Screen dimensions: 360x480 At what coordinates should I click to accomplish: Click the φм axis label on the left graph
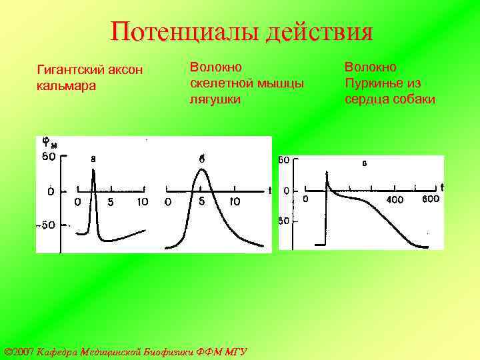click(49, 143)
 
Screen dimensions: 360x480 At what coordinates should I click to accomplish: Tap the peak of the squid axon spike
click(94, 171)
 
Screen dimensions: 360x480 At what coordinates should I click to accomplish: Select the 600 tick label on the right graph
click(431, 199)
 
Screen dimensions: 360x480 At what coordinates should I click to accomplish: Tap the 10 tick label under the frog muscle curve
click(235, 202)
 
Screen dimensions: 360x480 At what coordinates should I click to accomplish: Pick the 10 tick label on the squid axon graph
click(142, 202)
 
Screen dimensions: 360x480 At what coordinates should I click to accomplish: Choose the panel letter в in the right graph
click(365, 163)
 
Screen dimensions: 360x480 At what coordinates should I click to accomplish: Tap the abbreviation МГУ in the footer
click(235, 351)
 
